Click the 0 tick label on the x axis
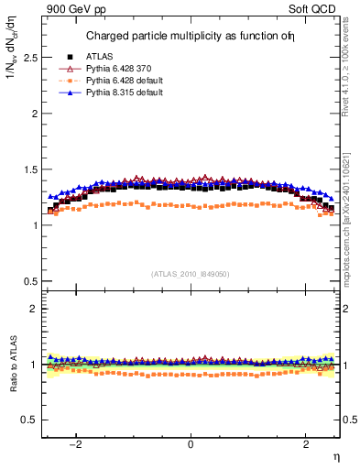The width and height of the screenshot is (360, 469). [x=191, y=444]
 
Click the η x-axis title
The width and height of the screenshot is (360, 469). [x=335, y=457]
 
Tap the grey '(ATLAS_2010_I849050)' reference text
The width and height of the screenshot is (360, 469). [x=191, y=274]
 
